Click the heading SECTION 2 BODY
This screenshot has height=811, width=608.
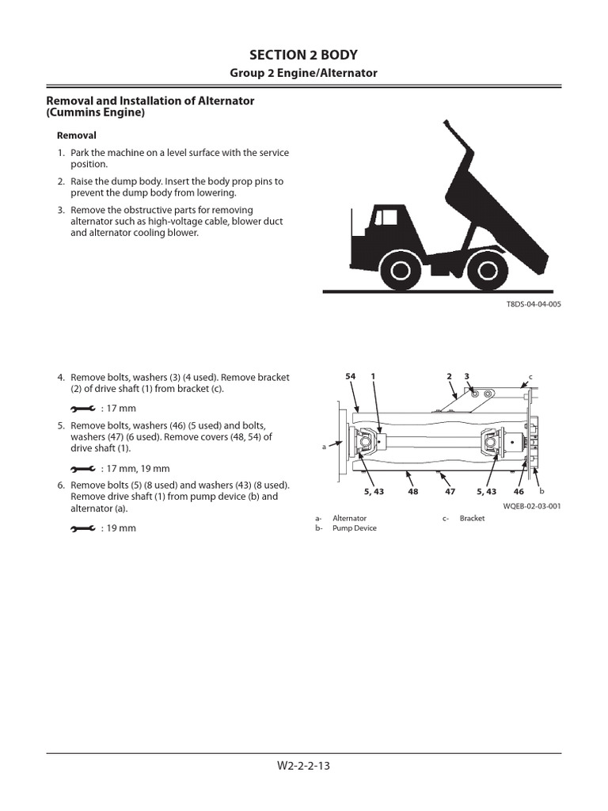point(303,55)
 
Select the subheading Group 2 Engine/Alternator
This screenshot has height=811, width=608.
point(303,73)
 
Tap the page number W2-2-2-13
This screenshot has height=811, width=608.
point(303,766)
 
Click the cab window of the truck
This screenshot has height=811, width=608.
point(387,217)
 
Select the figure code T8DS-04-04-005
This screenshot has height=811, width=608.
point(534,304)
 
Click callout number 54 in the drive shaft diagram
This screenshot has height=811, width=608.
point(351,375)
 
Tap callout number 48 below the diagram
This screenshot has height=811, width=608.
point(412,491)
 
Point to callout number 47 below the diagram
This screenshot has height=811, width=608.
point(450,491)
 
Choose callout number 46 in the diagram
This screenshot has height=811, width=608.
point(519,491)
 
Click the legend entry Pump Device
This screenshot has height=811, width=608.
point(354,528)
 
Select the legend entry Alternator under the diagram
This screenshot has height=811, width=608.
point(349,518)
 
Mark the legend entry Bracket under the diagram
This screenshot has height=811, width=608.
point(472,518)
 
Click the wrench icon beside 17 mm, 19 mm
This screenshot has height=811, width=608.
point(82,469)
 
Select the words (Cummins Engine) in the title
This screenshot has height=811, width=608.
point(96,113)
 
